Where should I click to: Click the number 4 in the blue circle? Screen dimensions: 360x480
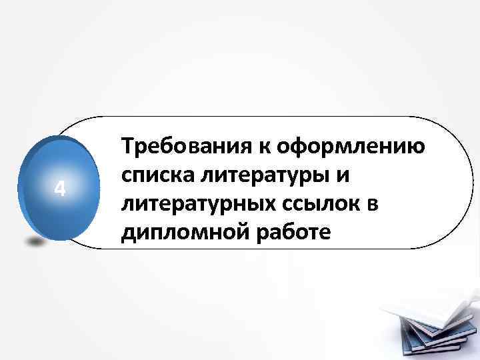coord(60,190)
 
